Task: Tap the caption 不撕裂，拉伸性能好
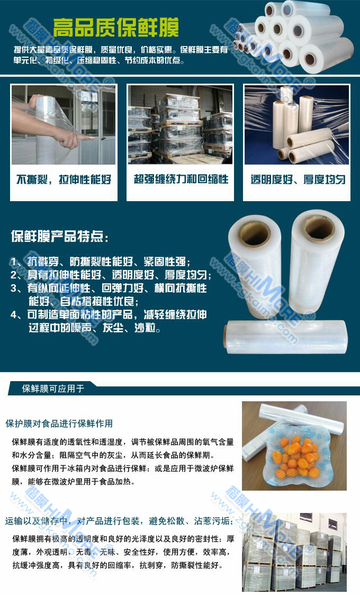point(64,179)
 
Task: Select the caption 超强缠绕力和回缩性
point(181,179)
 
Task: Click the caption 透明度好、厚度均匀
point(298,179)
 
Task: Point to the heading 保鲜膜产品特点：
point(60,237)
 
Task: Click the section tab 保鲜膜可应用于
point(53,389)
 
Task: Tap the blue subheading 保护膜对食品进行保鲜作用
point(59,423)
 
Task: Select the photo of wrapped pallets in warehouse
point(180,124)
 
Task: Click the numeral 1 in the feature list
point(14,262)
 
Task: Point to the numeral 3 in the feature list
point(14,289)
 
